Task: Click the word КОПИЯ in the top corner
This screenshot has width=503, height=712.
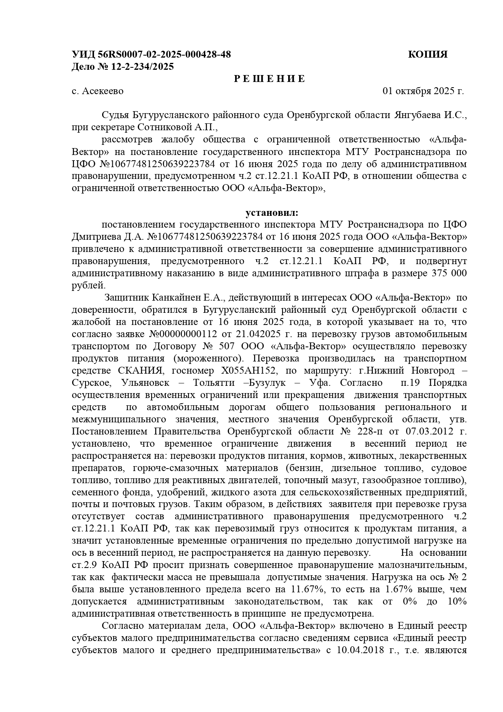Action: pos(428,54)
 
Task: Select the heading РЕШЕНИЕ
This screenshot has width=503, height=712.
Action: pos(270,79)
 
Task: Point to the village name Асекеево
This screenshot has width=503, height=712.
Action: pos(103,91)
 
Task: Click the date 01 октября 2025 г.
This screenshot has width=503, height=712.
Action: pos(423,91)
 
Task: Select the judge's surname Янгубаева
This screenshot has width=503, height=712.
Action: pos(417,115)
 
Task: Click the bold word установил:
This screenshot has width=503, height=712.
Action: pos(272,213)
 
